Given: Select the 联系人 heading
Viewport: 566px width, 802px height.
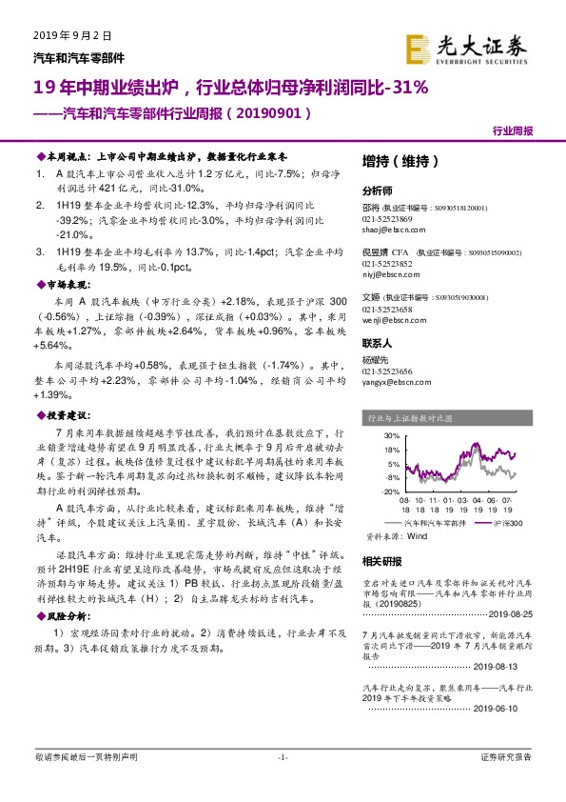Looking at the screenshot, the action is [378, 342].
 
